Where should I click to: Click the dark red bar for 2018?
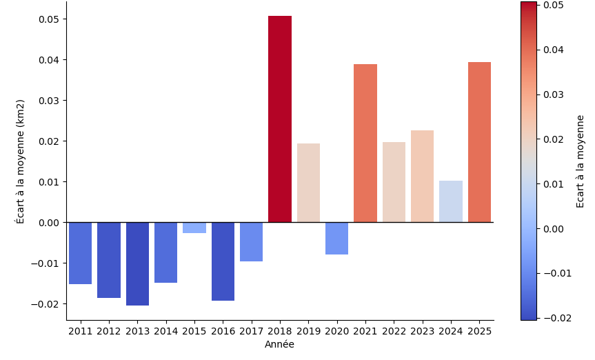(x=279, y=119)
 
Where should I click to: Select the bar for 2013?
(x=137, y=263)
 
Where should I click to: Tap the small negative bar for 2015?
(x=194, y=228)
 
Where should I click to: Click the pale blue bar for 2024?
(x=451, y=201)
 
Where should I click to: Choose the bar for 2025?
(x=479, y=142)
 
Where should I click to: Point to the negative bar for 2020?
(x=336, y=238)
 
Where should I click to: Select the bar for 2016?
(x=223, y=261)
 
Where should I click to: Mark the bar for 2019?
(x=308, y=183)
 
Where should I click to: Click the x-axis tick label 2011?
(x=81, y=331)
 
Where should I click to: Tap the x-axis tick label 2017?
(x=251, y=331)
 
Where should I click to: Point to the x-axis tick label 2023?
(x=422, y=331)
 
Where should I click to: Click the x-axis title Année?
(x=279, y=344)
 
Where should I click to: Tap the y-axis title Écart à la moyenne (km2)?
(x=21, y=161)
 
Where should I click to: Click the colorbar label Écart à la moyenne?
(x=581, y=161)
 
